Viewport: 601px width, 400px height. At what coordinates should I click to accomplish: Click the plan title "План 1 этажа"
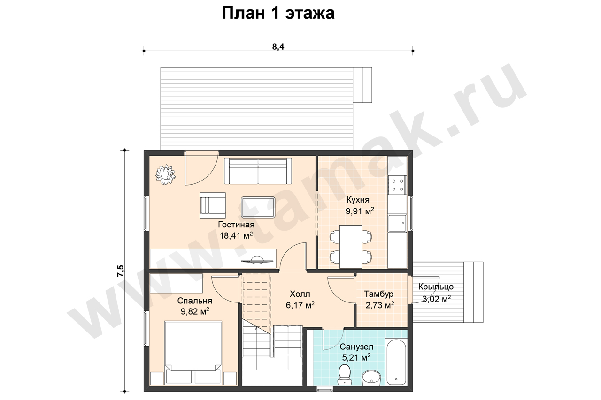(278, 13)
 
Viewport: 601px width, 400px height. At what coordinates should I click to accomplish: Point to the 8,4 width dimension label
(278, 46)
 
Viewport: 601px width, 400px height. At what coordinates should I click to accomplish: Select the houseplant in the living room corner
(166, 175)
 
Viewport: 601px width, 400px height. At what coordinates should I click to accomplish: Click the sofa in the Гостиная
(258, 171)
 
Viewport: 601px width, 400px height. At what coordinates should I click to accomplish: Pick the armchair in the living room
(213, 205)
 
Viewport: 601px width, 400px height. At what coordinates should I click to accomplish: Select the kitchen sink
(397, 223)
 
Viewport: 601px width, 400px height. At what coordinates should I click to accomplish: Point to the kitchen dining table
(351, 247)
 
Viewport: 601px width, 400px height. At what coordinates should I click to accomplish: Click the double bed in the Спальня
(193, 353)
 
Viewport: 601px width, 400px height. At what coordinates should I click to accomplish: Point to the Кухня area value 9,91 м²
(360, 211)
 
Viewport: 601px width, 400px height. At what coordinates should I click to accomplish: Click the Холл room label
(300, 294)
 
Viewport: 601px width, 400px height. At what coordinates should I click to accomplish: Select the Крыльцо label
(436, 287)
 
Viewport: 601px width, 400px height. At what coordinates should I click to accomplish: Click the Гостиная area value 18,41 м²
(236, 235)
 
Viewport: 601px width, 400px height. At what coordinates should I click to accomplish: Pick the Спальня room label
(195, 301)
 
